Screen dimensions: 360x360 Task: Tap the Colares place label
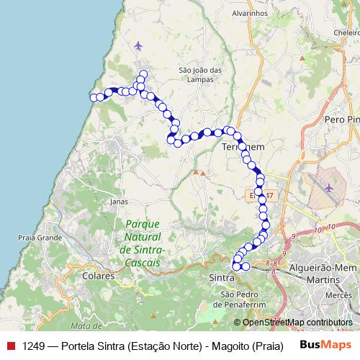coord(99,276)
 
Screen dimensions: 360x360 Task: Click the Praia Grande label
coord(40,237)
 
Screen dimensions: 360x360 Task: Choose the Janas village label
coord(119,202)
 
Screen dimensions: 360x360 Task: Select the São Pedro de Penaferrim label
coord(238,298)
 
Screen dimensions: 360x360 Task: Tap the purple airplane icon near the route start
coord(138,47)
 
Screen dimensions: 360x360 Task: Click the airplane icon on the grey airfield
coord(329,188)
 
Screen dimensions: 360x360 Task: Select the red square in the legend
coord(11,345)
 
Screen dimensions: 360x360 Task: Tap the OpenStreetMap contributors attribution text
coord(297,323)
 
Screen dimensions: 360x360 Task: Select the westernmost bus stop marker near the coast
coord(93,97)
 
